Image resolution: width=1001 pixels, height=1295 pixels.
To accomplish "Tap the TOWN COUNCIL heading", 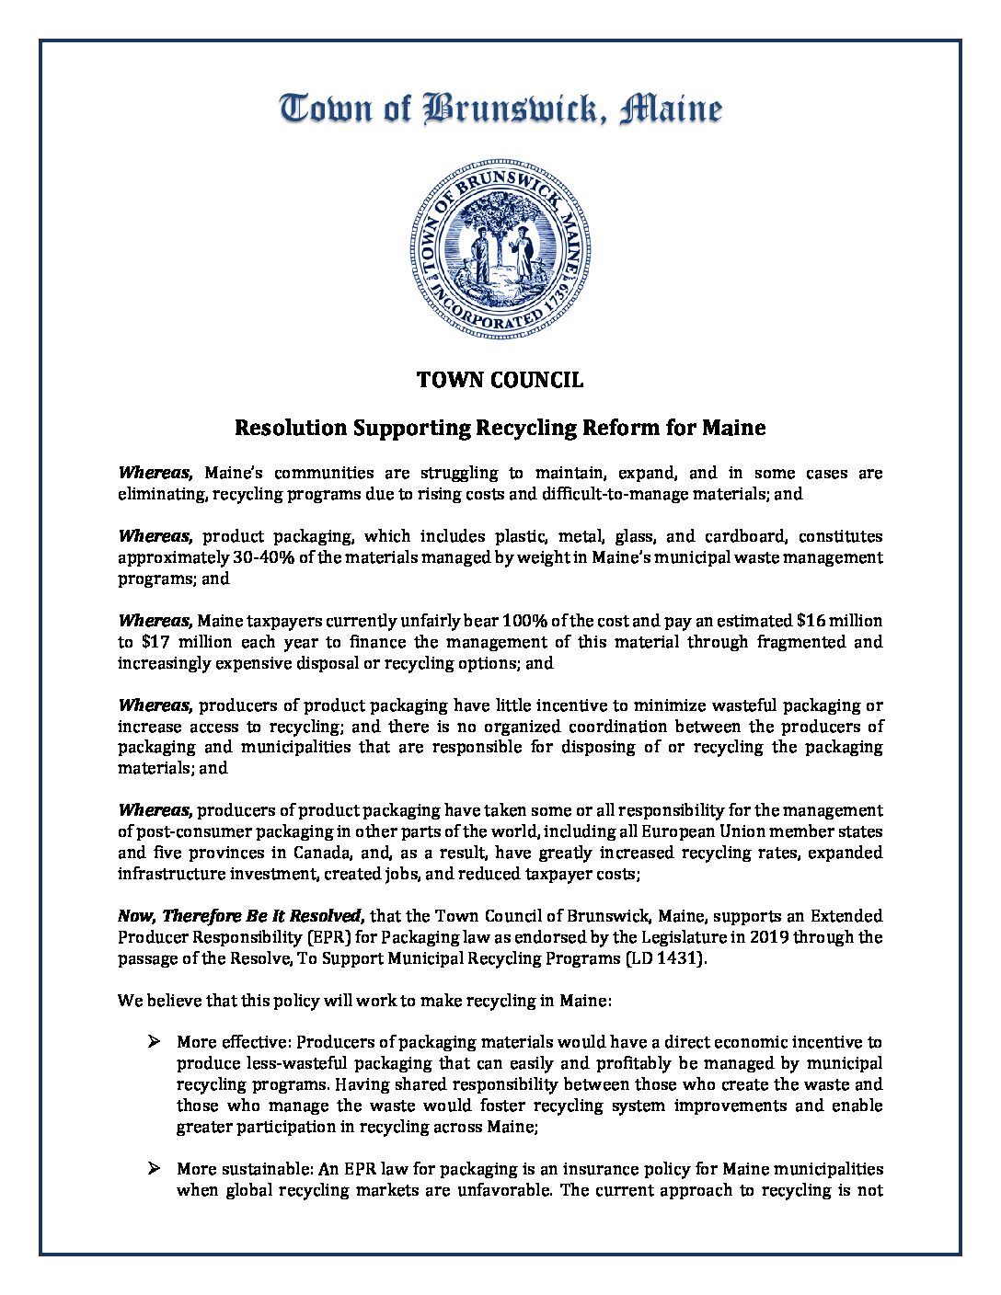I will click(x=500, y=380).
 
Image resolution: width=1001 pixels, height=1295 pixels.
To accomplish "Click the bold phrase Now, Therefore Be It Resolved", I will click(x=242, y=916).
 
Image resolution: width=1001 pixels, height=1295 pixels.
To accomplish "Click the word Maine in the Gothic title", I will click(x=671, y=109).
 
